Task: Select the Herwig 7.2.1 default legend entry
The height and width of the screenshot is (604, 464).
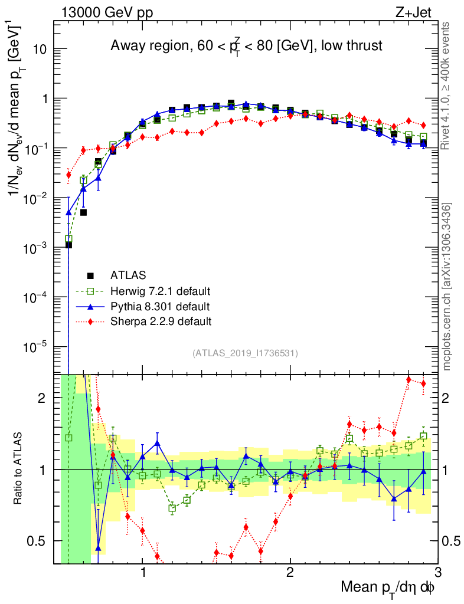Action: (161, 291)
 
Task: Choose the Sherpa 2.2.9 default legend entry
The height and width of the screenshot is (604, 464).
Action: (161, 321)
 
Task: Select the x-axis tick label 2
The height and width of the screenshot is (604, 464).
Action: (290, 573)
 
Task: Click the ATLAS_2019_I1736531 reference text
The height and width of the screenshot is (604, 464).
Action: (245, 353)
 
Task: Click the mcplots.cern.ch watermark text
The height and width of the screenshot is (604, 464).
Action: (447, 286)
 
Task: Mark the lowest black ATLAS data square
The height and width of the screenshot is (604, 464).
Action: (68, 245)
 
